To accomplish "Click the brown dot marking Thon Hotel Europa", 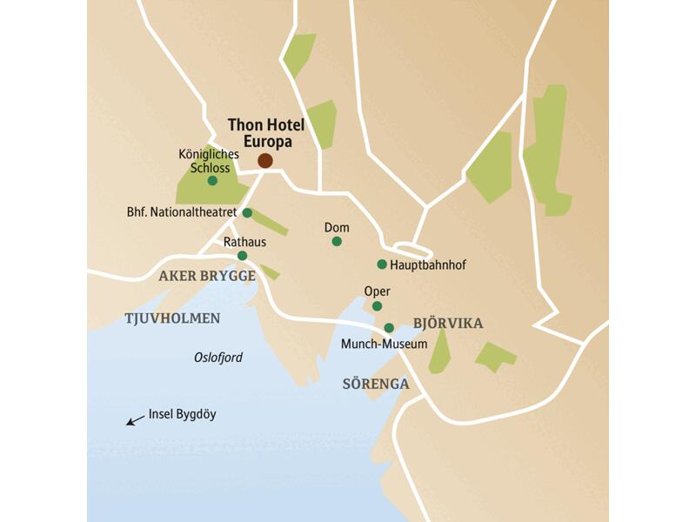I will (x=265, y=160).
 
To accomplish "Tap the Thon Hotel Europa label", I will (x=259, y=132).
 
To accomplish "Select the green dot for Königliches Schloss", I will (x=212, y=181).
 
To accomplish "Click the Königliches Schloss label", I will (x=208, y=161).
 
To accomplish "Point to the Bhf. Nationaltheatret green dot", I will (x=247, y=212).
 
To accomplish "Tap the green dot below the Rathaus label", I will (x=242, y=256).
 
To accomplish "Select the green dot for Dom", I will (x=337, y=241).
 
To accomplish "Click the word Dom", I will (x=337, y=227).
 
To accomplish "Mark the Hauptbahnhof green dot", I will (x=381, y=264).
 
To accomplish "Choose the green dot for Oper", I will (x=377, y=306).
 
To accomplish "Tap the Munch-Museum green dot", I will (x=389, y=328).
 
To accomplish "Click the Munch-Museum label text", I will (x=385, y=344).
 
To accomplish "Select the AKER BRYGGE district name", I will (x=207, y=277).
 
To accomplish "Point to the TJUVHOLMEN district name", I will (x=172, y=318).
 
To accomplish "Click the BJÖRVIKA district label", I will (x=447, y=324).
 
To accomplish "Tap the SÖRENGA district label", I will (x=376, y=383).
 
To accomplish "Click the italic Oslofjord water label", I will (x=218, y=358).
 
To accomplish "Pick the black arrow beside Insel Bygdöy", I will (x=135, y=420).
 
